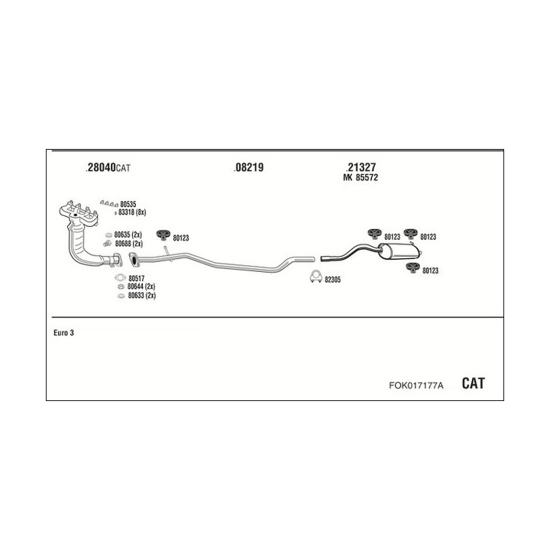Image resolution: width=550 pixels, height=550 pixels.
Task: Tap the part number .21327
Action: pos(361,168)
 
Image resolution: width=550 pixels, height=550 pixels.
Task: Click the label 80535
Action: pos(128,204)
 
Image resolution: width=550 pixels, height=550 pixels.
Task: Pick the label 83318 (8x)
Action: pos(133,212)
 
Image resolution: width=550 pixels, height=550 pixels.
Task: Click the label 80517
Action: pos(136,278)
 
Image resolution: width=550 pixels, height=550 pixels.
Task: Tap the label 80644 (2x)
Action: pos(141,286)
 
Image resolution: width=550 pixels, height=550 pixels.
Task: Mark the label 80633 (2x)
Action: pos(141,295)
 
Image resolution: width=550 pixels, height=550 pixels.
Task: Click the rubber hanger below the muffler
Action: pos(411,267)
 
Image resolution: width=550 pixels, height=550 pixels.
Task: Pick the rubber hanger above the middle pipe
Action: pos(163,235)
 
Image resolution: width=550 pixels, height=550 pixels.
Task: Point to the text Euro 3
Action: pos(64,332)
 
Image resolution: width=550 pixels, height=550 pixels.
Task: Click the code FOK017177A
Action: pos(416,386)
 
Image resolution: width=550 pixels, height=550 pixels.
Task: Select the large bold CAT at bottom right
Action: pos(473,383)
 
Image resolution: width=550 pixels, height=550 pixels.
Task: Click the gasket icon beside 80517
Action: pos(119,278)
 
